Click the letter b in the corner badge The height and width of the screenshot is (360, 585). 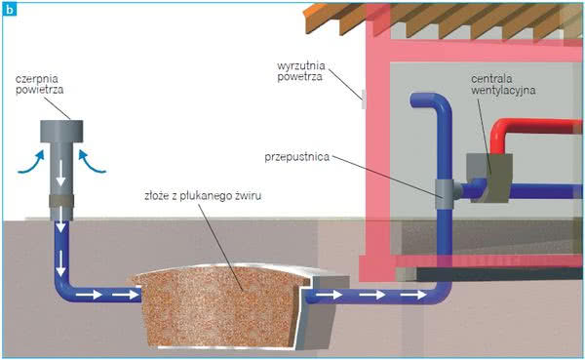coord(9,10)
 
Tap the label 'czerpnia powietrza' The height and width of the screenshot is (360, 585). coord(40,85)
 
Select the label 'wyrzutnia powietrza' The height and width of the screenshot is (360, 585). coord(301,71)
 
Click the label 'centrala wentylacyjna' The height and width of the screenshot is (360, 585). coord(503,85)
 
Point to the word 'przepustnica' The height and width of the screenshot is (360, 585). coord(297,157)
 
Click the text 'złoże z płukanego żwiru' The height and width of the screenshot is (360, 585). coord(203,196)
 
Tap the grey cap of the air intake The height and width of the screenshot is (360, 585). coord(61,131)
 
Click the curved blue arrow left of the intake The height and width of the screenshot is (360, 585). coord(31,162)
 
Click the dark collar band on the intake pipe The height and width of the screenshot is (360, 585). coord(61,201)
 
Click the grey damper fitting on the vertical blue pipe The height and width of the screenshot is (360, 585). coord(446,193)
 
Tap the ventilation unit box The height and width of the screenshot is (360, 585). coord(489,179)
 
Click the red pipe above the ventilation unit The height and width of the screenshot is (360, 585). coord(529,132)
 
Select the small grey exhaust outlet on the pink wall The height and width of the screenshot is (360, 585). coord(364,100)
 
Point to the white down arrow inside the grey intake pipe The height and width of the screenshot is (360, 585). coord(60,174)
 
